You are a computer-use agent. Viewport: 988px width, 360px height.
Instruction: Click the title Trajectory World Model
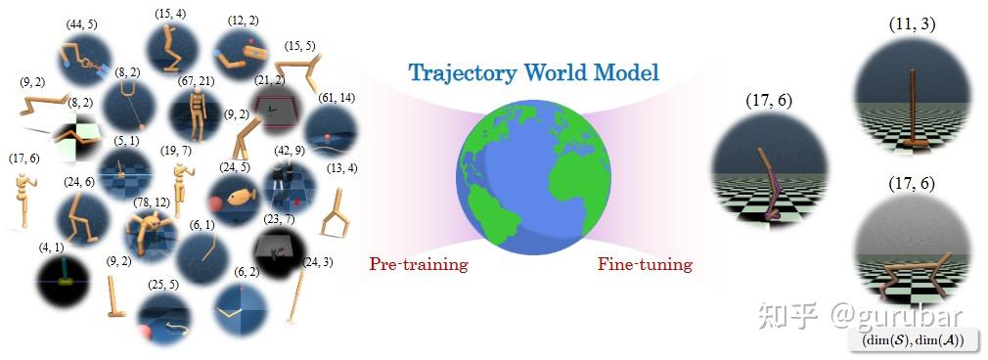pyautogui.click(x=533, y=72)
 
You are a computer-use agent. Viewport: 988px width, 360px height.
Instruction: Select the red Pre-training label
pyautogui.click(x=419, y=264)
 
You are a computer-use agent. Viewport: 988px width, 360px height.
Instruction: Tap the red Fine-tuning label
pyautogui.click(x=645, y=264)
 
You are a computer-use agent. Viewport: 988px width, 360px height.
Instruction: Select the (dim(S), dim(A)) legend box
pyautogui.click(x=914, y=339)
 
